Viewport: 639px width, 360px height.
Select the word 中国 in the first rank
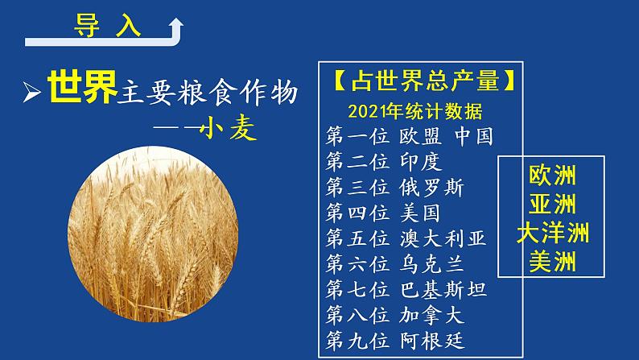473,136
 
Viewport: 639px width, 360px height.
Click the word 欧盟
421,136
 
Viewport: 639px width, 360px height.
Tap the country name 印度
421,162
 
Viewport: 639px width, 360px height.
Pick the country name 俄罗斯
432,188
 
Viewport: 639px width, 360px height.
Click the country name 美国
421,213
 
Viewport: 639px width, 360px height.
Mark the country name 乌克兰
432,263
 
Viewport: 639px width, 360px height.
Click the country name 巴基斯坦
443,288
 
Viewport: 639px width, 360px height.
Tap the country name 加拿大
432,314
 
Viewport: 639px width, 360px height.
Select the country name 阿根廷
432,339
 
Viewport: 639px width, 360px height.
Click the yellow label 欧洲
553,175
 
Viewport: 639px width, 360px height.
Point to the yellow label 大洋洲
553,233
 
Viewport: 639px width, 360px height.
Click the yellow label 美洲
553,261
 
